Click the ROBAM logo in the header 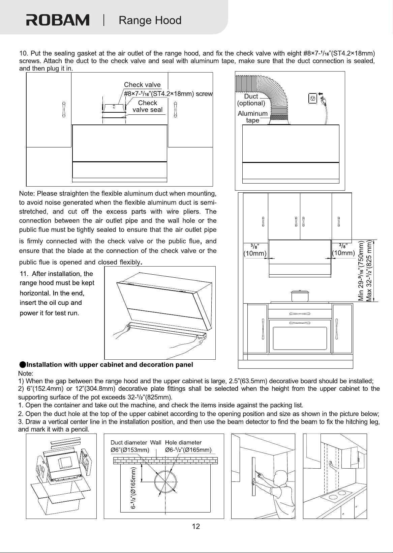(x=58, y=20)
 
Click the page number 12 (x=196, y=527)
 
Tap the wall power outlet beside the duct (x=313, y=98)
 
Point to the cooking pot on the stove (x=300, y=296)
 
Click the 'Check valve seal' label (x=147, y=106)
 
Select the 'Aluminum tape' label (x=252, y=117)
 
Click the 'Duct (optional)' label (x=251, y=100)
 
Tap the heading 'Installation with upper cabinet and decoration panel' (x=110, y=365)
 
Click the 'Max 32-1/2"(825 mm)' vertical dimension (x=369, y=271)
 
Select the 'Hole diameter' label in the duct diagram (x=183, y=442)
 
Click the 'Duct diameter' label (x=129, y=442)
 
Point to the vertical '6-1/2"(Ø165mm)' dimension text (x=133, y=488)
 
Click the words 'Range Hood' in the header (x=150, y=20)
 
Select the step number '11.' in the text (x=24, y=274)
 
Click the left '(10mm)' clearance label (x=255, y=253)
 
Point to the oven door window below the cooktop (x=300, y=338)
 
